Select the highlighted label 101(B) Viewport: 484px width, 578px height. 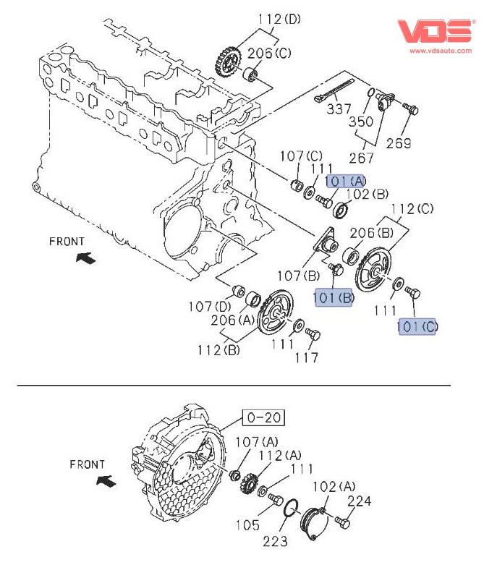334,297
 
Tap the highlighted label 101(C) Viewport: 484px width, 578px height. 417,327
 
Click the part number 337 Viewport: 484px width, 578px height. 338,109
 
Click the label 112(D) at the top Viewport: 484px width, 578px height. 279,18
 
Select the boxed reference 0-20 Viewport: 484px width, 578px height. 263,417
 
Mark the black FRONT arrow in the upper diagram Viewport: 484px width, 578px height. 85,258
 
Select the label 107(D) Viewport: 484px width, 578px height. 208,305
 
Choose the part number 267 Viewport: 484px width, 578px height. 362,158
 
